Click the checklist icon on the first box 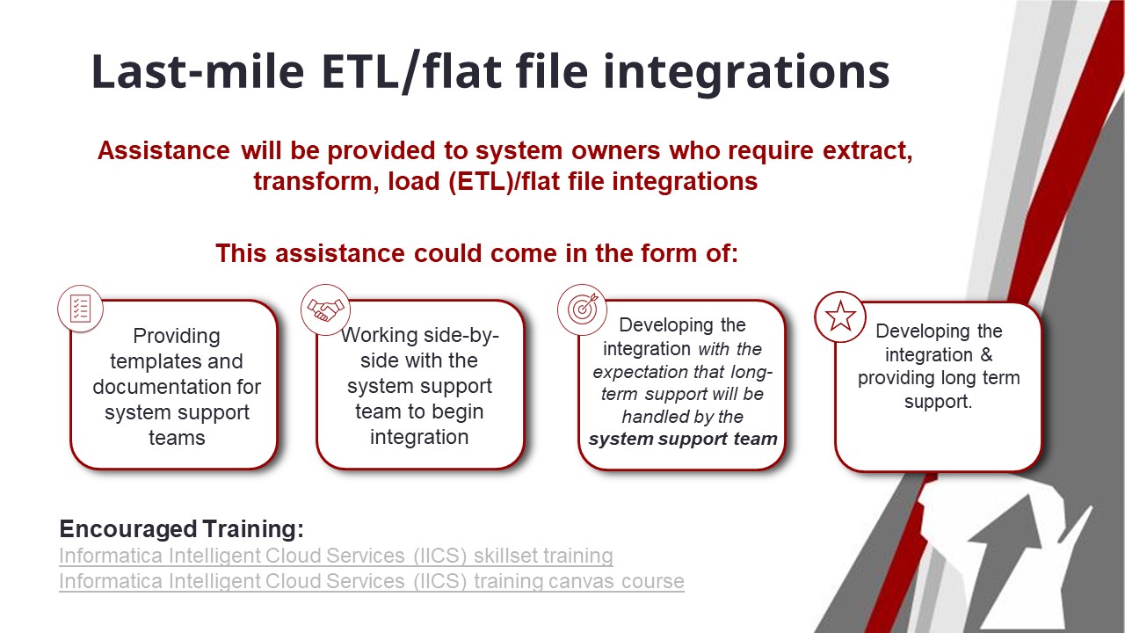[x=80, y=309]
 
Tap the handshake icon [x=325, y=309]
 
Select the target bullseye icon [x=582, y=309]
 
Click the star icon [x=840, y=317]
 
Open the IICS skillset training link [x=336, y=556]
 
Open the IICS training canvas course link [x=372, y=581]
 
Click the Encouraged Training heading [x=181, y=529]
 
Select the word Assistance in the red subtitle [x=163, y=150]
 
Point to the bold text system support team [x=683, y=439]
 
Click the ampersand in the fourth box [x=986, y=354]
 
